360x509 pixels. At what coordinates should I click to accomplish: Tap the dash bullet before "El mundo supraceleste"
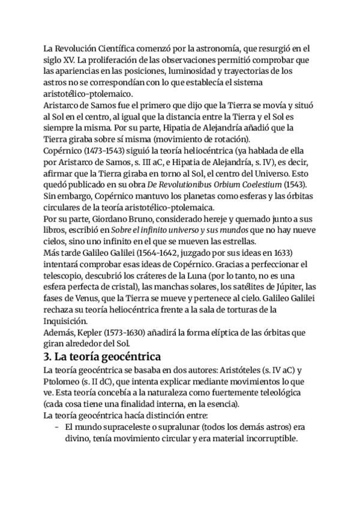click(56, 427)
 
